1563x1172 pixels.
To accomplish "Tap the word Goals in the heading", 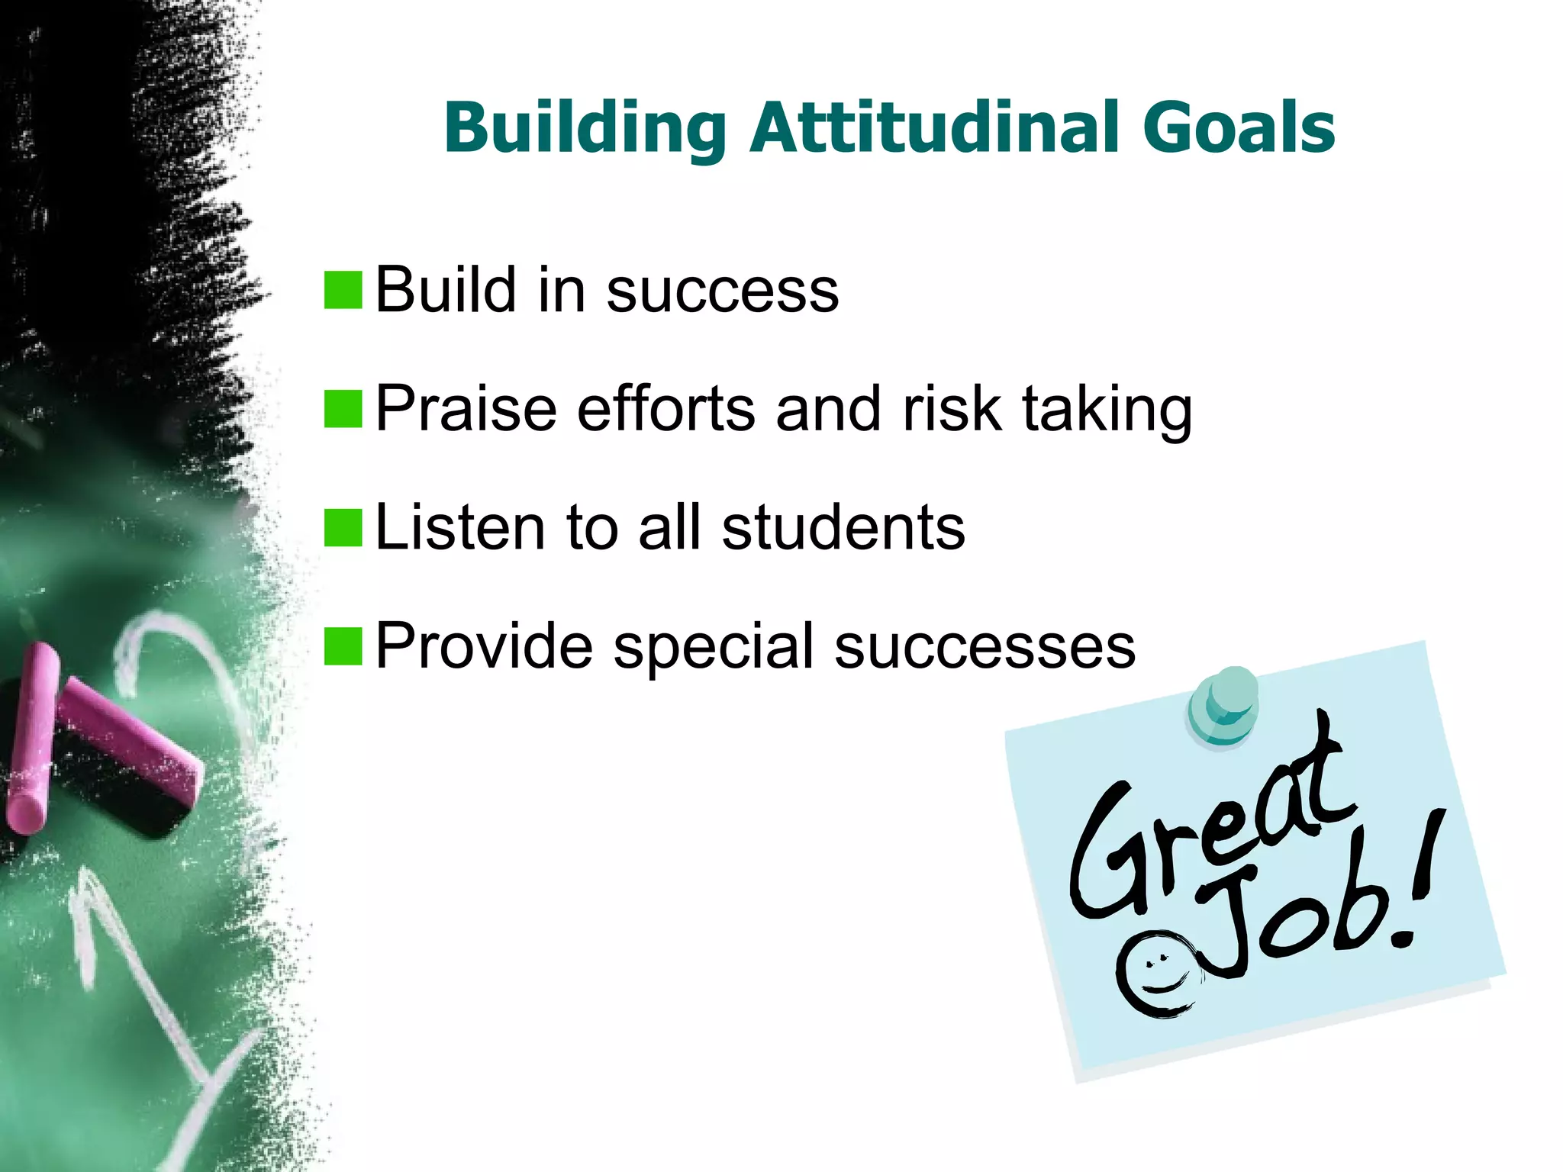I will point(1238,127).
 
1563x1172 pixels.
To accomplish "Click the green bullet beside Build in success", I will point(343,291).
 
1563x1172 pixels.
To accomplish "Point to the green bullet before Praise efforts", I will point(343,409).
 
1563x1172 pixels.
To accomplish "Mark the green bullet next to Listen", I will point(343,528).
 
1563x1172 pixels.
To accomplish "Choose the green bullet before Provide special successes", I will point(343,647).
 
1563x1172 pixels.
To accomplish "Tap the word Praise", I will point(466,409).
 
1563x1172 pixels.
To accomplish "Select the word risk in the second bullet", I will point(951,409).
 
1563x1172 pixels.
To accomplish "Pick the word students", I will point(843,527).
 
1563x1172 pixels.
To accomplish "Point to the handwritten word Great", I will point(1206,832).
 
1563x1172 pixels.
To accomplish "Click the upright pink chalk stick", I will point(32,736).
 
